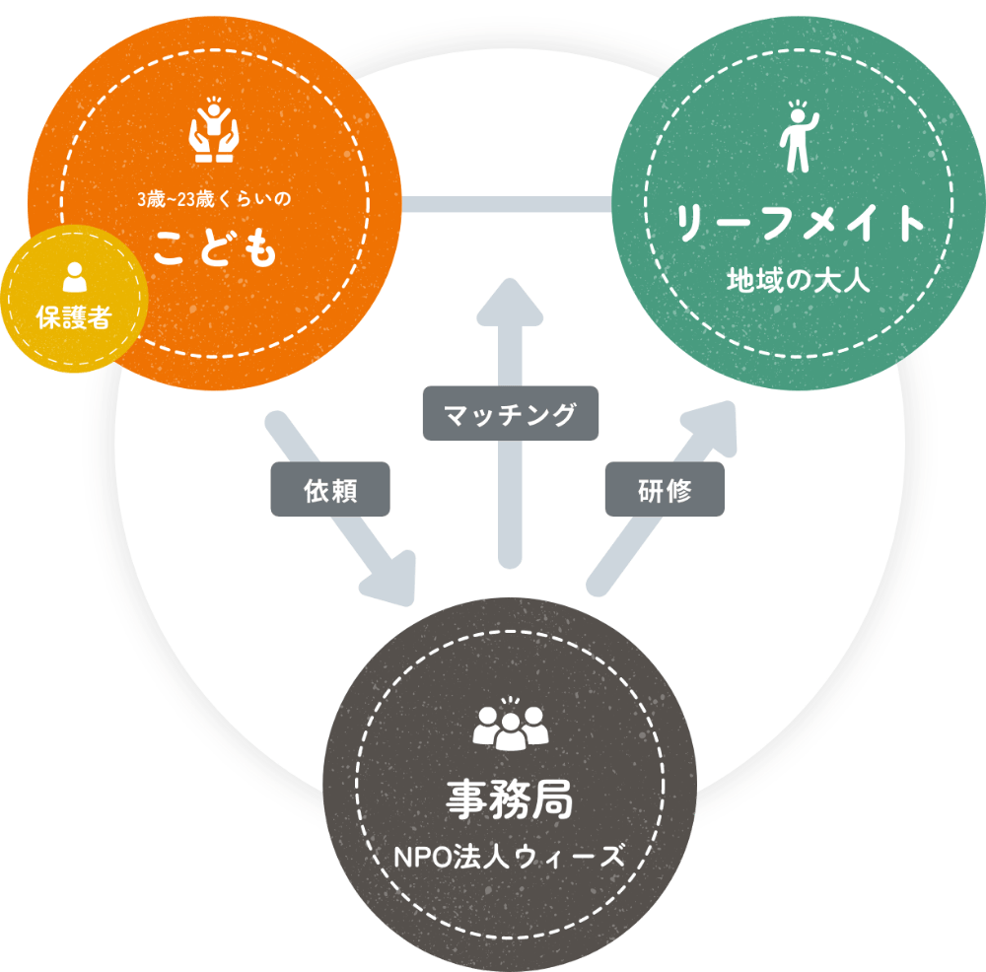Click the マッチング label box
point(510,413)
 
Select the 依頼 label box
point(329,490)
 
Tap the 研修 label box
point(665,490)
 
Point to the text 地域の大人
point(799,280)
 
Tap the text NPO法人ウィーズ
point(509,854)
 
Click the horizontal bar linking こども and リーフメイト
point(510,205)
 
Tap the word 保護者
point(74,317)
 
